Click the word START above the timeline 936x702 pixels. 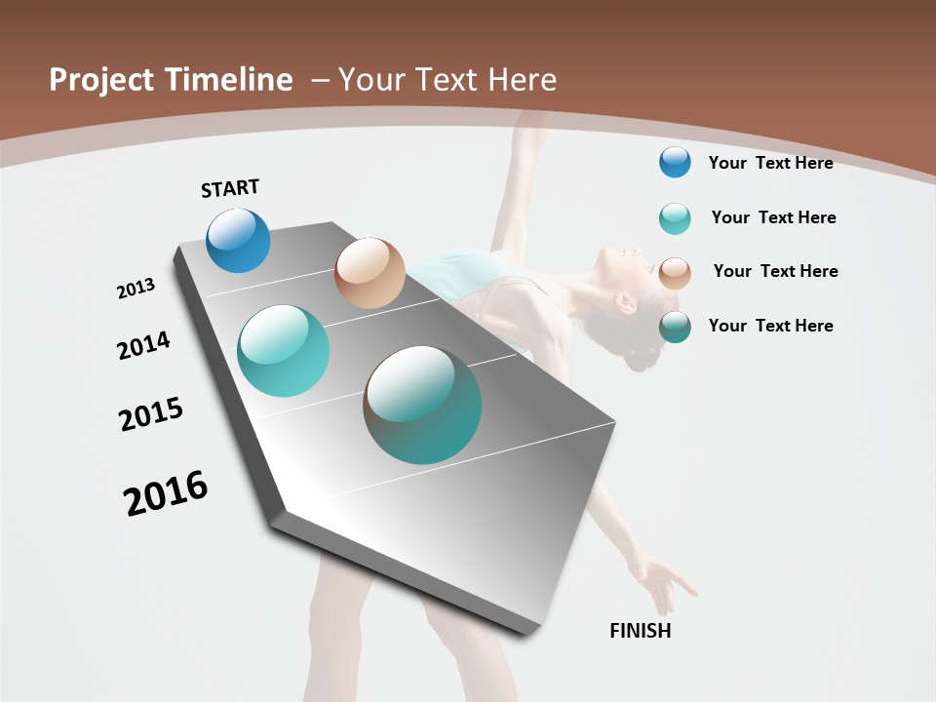(x=230, y=188)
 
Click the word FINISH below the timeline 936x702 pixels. (x=640, y=631)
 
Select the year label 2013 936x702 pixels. (x=136, y=289)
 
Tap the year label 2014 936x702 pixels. (x=143, y=345)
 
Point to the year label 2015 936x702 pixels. (x=151, y=414)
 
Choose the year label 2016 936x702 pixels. (x=166, y=493)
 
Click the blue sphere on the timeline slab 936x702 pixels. (x=238, y=241)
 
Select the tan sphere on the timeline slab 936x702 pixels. (x=370, y=273)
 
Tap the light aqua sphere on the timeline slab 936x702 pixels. (x=283, y=351)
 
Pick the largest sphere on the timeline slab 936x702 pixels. (x=422, y=405)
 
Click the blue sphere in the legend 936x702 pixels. (x=675, y=162)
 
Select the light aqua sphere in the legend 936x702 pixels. (x=675, y=218)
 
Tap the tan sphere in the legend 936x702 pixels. (x=675, y=273)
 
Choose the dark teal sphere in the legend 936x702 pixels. (x=675, y=327)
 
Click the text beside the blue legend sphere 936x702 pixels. (x=770, y=163)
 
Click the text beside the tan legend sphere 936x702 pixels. (x=775, y=271)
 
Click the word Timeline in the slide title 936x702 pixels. (x=228, y=80)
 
